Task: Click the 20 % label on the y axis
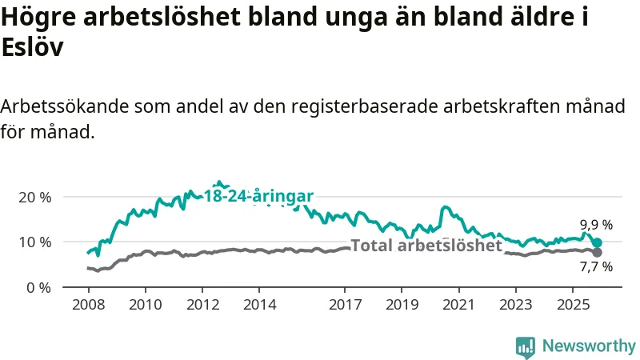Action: click(34, 197)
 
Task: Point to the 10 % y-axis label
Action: click(34, 242)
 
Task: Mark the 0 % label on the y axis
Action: click(38, 286)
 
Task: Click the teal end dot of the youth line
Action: click(597, 242)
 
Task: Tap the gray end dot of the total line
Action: click(597, 253)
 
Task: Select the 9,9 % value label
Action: click(596, 226)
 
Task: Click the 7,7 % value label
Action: click(596, 267)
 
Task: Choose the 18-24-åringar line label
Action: click(258, 196)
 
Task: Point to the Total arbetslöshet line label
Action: click(426, 246)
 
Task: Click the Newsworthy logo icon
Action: click(526, 346)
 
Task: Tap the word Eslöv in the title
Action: click(32, 46)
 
